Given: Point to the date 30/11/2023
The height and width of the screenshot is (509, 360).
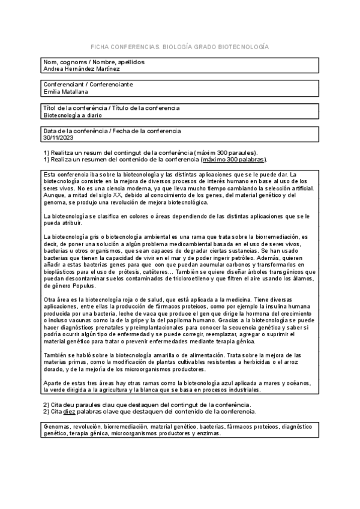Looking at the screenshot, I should pos(58,137).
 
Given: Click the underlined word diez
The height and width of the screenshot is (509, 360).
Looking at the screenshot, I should pos(70,412).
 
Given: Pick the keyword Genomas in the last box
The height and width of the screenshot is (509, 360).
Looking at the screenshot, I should pos(57,427).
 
